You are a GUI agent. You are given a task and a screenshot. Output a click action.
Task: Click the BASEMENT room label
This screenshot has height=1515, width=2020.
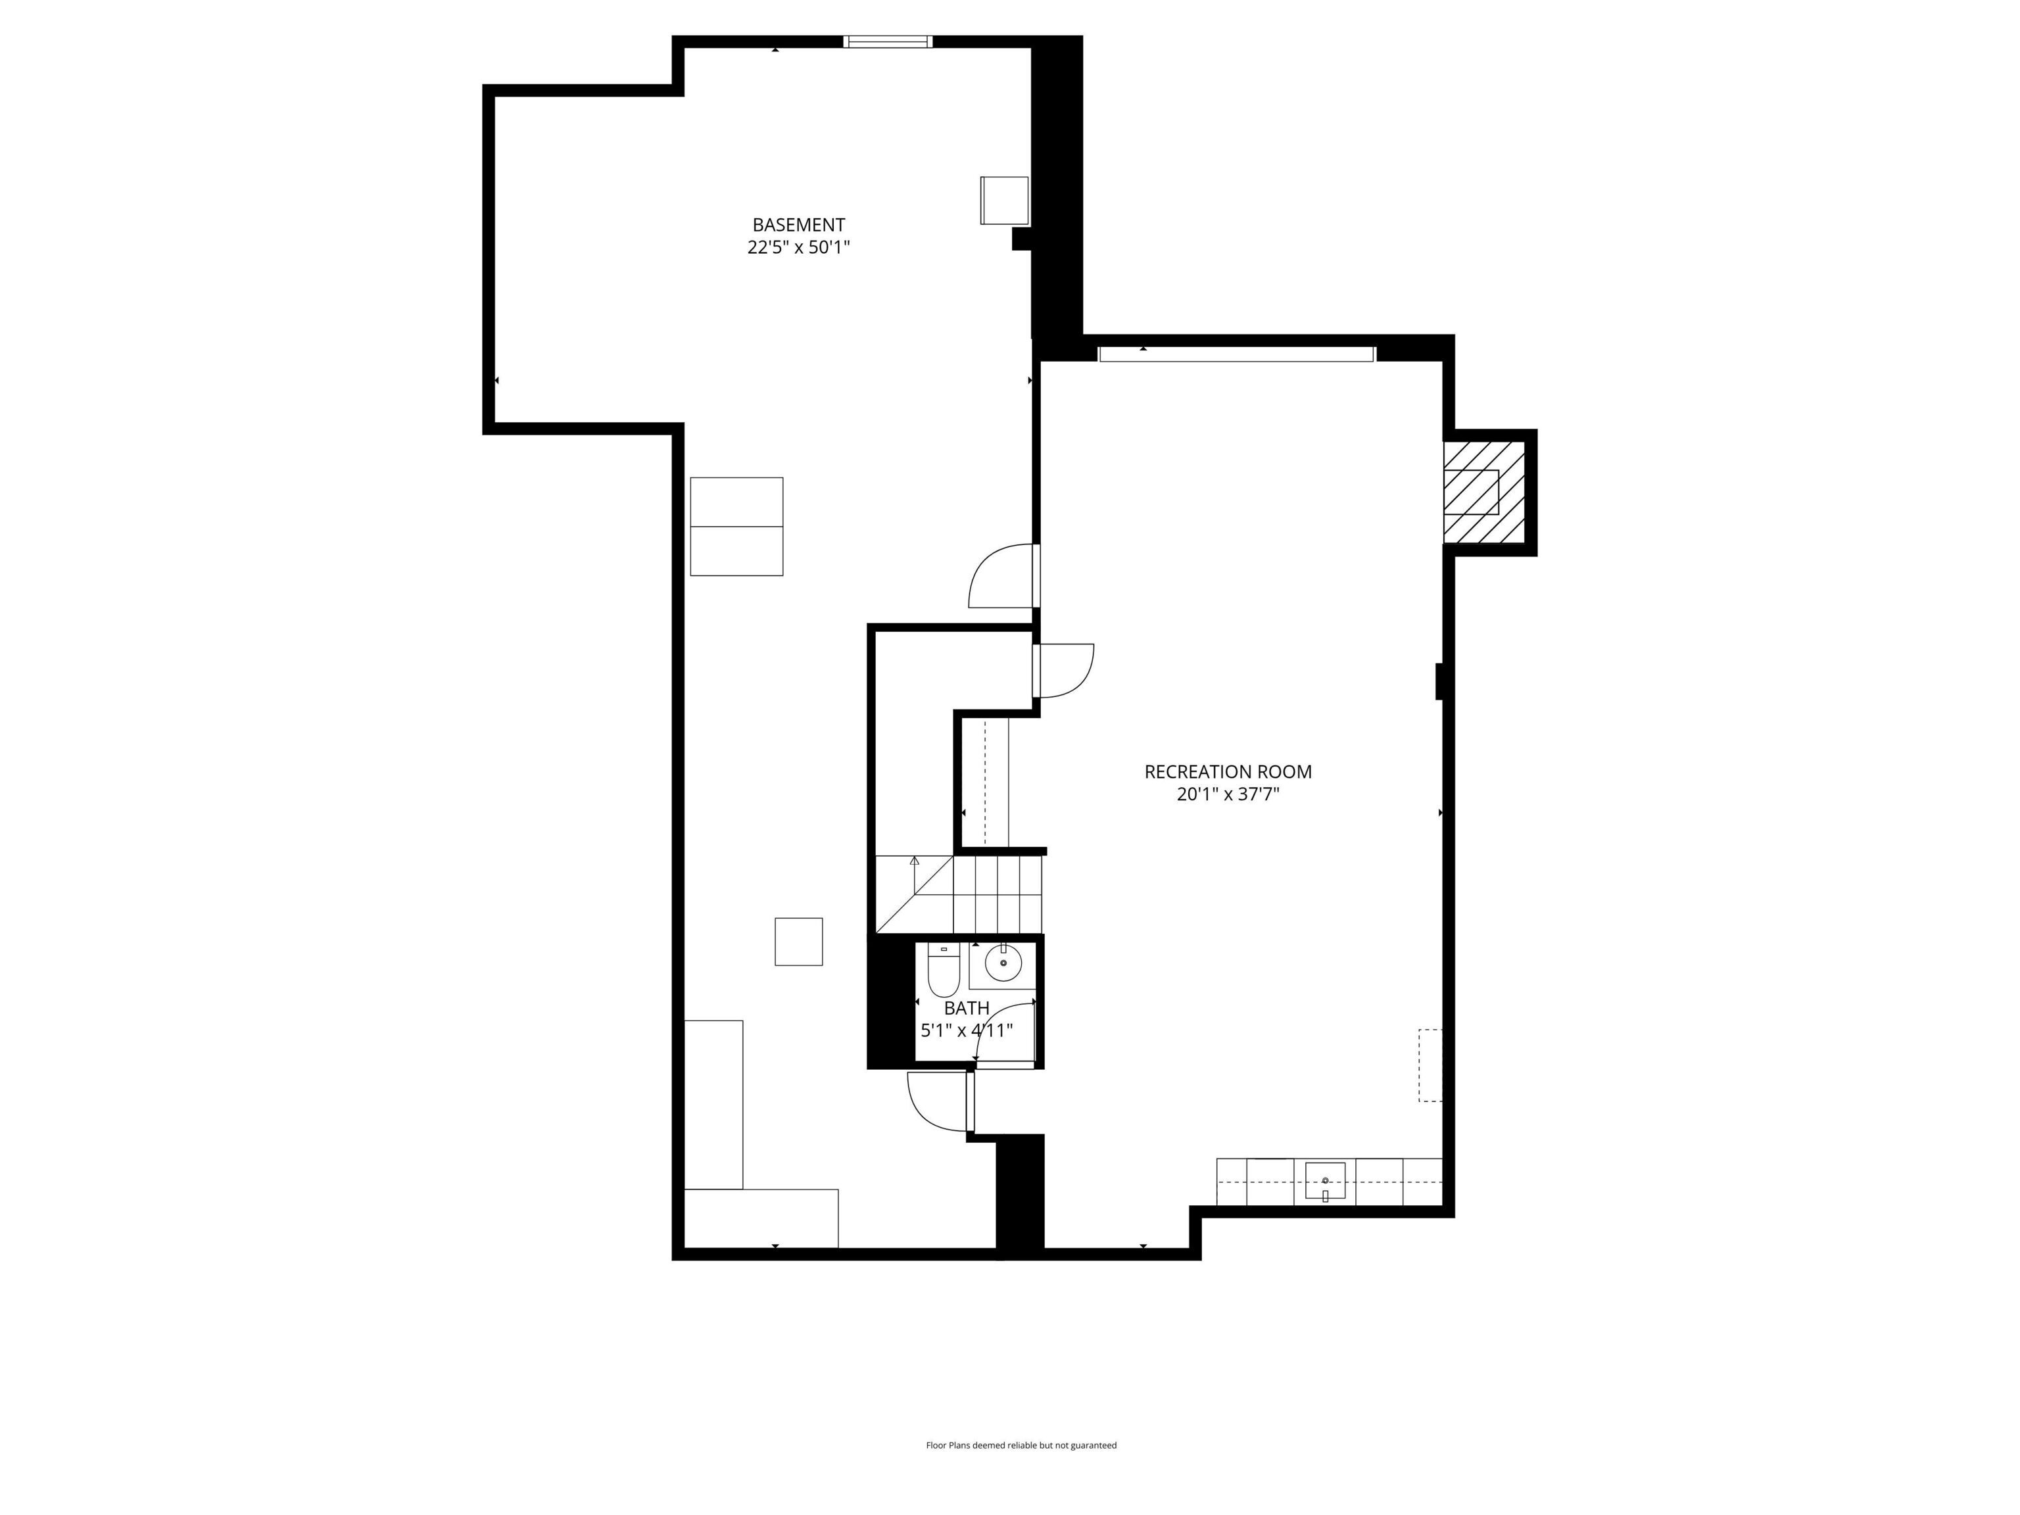(798, 225)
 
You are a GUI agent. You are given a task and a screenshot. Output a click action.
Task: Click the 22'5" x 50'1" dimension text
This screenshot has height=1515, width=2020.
(798, 247)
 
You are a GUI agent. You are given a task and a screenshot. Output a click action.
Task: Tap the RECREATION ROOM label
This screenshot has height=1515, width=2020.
(1228, 772)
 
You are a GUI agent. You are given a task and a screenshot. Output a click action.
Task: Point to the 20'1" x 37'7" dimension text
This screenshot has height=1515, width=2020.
(1228, 794)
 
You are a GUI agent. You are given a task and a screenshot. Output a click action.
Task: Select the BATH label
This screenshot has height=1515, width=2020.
(966, 1008)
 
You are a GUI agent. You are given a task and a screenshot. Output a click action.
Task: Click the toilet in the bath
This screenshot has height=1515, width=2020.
(944, 973)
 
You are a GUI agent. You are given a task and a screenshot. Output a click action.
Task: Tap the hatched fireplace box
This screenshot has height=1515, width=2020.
(1483, 493)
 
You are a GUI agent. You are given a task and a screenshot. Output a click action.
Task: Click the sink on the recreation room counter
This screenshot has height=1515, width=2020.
(1324, 1182)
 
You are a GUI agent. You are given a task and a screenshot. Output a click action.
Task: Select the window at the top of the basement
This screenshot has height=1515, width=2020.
(888, 41)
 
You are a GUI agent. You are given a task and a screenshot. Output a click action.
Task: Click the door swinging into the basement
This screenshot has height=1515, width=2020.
(1003, 577)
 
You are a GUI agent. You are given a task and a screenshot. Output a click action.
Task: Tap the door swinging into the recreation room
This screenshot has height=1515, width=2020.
(1065, 671)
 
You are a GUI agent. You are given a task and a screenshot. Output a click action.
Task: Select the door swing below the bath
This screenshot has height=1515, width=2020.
(938, 1100)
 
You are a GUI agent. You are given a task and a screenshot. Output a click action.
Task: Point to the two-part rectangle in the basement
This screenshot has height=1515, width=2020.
(736, 526)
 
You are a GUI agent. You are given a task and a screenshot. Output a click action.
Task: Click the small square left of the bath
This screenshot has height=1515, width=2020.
(798, 942)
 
